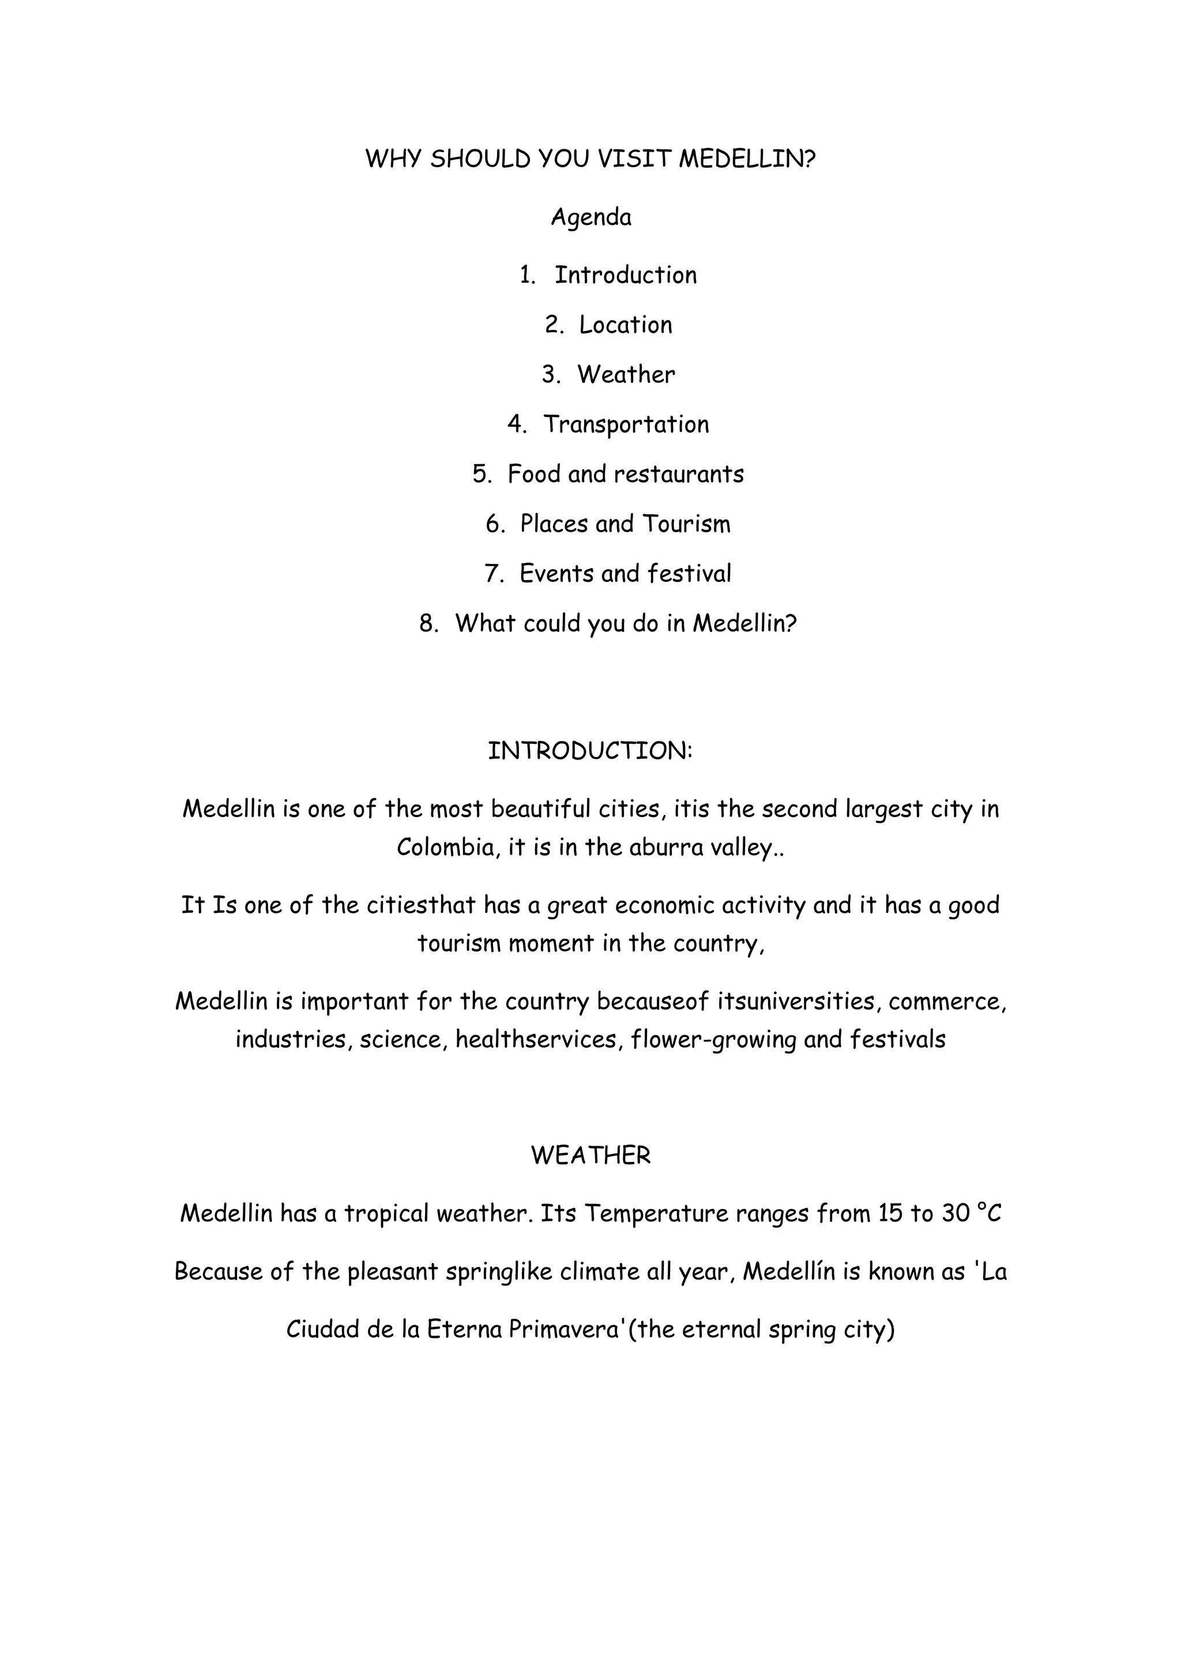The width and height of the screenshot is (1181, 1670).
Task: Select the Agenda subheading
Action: point(590,217)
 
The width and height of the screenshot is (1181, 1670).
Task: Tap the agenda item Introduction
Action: point(626,275)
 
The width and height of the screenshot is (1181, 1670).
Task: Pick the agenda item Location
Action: point(626,325)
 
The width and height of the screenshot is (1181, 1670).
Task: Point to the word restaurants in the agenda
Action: point(679,474)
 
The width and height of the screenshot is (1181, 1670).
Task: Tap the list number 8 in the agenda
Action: point(429,623)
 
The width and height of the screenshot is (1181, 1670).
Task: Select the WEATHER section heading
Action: point(590,1156)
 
